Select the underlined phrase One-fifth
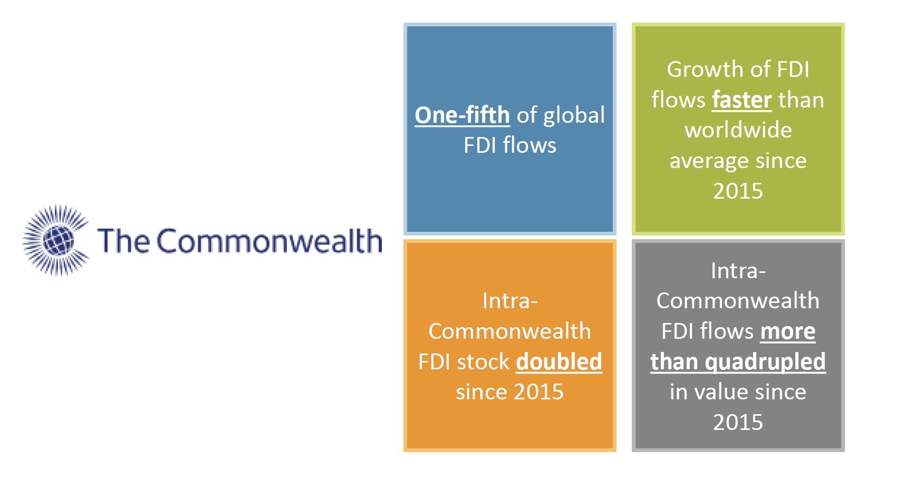[x=462, y=115]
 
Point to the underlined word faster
[x=742, y=100]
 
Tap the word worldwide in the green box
[x=738, y=130]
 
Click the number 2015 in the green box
[x=738, y=191]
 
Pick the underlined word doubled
[x=559, y=361]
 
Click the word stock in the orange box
[x=483, y=361]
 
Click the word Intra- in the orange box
[x=509, y=301]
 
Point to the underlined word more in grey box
[x=787, y=331]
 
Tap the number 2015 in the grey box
[x=738, y=422]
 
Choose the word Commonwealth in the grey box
[x=738, y=301]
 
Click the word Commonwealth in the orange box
[x=509, y=331]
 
